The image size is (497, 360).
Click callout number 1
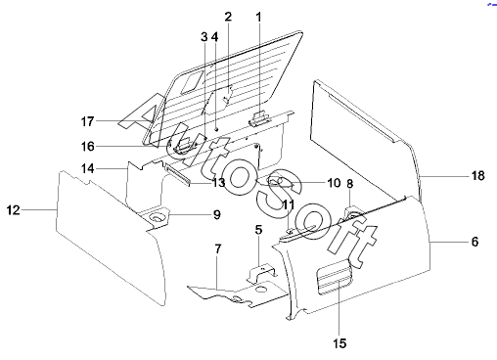pyautogui.click(x=258, y=18)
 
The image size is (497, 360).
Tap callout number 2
pyautogui.click(x=228, y=17)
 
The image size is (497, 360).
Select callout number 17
pyautogui.click(x=87, y=121)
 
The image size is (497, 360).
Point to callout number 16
pyautogui.click(x=88, y=147)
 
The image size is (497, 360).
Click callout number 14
pyautogui.click(x=88, y=168)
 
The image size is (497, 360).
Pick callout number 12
pyautogui.click(x=14, y=210)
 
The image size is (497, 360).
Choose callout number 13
pyautogui.click(x=219, y=183)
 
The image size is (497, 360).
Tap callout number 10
pyautogui.click(x=334, y=183)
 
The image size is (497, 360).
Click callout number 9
pyautogui.click(x=217, y=214)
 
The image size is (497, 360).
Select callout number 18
pyautogui.click(x=478, y=176)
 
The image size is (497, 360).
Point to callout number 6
pyautogui.click(x=474, y=242)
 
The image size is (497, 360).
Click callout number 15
pyautogui.click(x=339, y=343)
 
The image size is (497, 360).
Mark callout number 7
pyautogui.click(x=218, y=249)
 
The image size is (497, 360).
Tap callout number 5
pyautogui.click(x=258, y=230)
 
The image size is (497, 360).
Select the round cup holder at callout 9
pyautogui.click(x=157, y=217)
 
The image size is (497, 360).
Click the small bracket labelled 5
pyautogui.click(x=260, y=273)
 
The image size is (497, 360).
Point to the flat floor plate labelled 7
pyautogui.click(x=238, y=293)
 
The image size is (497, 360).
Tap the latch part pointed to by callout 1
pyautogui.click(x=259, y=118)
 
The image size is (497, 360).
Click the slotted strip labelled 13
pyautogui.click(x=177, y=175)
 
